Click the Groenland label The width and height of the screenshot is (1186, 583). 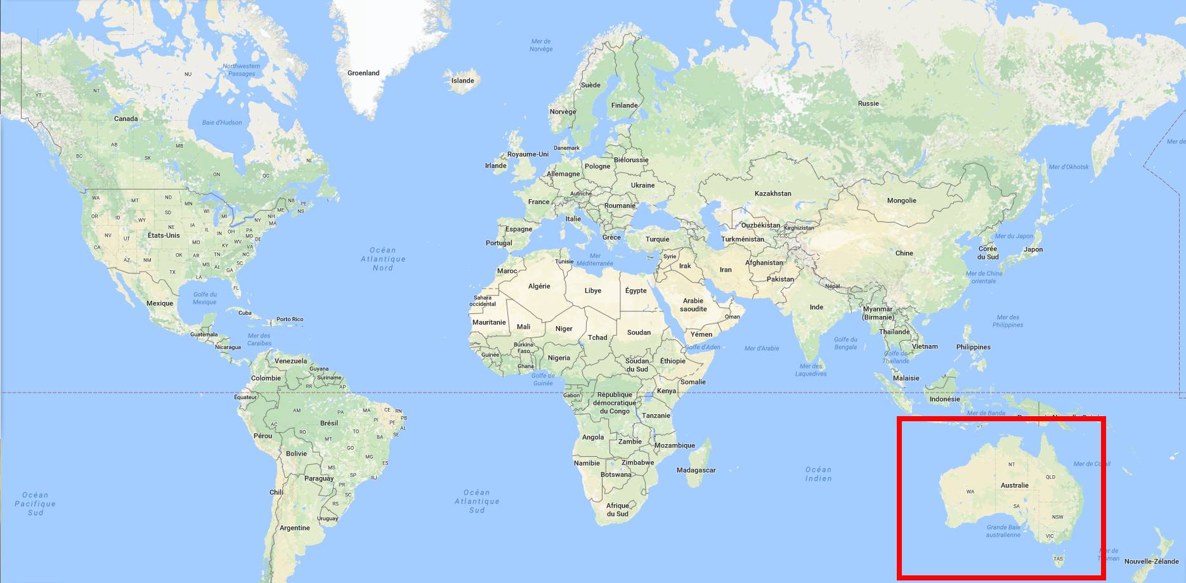[x=363, y=73]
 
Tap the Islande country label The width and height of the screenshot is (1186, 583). [x=462, y=81]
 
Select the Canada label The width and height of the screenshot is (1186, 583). [x=126, y=119]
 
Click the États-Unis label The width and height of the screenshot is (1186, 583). [x=164, y=235]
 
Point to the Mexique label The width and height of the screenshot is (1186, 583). [x=160, y=303]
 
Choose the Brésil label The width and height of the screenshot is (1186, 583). [x=329, y=423]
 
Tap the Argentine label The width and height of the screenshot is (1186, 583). [x=295, y=528]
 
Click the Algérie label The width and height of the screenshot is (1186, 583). [x=539, y=286]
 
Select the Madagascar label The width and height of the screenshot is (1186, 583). [x=696, y=470]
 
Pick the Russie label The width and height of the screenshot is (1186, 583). [x=868, y=103]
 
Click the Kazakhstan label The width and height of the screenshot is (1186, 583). [x=772, y=193]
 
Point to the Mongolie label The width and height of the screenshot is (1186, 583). [x=901, y=200]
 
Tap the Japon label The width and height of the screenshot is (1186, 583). [x=1033, y=249]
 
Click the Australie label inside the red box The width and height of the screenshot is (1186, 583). [x=1015, y=485]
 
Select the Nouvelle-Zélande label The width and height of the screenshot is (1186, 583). [x=1151, y=561]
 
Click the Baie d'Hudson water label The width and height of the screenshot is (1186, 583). [x=222, y=122]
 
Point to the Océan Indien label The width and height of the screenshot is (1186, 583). [x=818, y=474]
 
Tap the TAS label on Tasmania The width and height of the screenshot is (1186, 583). [x=1058, y=560]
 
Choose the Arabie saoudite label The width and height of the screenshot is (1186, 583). [x=693, y=305]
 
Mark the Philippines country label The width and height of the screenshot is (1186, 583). [x=973, y=347]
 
